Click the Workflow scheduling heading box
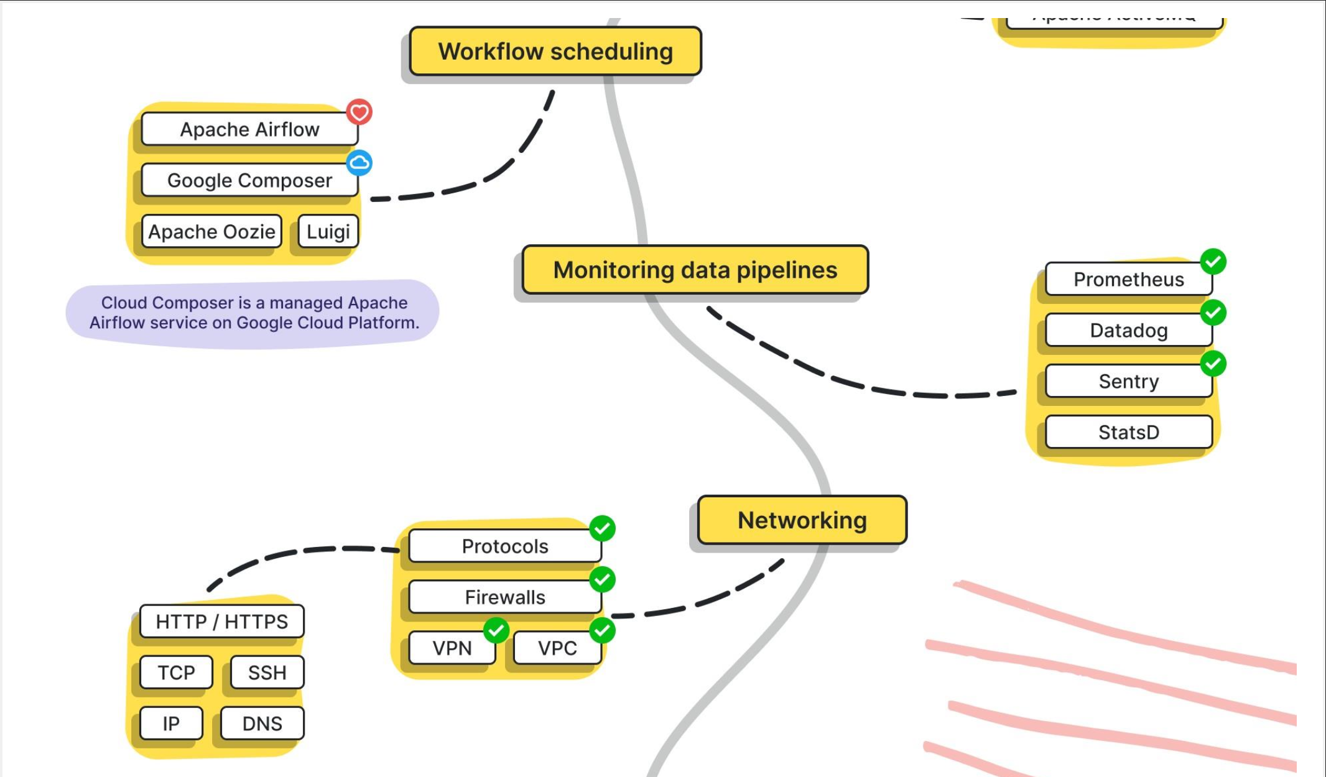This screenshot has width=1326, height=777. click(555, 52)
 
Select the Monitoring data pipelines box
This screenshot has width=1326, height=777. click(695, 270)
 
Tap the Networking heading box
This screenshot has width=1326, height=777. click(802, 520)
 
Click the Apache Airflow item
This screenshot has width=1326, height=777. click(249, 129)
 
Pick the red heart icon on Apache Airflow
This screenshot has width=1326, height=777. click(359, 113)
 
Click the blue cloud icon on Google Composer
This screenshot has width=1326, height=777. click(359, 163)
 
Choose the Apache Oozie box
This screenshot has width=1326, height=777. click(211, 232)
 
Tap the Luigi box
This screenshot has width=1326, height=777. click(328, 232)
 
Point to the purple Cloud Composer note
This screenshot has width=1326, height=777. click(254, 313)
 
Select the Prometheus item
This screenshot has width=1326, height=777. click(1128, 280)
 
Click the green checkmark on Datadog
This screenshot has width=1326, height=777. click(1213, 313)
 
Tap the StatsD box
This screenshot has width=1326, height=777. click(1128, 432)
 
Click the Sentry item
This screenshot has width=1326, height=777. click(1128, 381)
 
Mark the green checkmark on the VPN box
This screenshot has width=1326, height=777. click(496, 630)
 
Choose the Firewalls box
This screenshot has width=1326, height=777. click(504, 597)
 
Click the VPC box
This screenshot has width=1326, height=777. click(557, 648)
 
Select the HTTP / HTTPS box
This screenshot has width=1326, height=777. click(221, 622)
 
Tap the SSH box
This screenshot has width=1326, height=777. click(267, 673)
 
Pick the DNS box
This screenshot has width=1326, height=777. click(262, 724)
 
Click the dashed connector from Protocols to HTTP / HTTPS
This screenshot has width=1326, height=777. click(292, 552)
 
